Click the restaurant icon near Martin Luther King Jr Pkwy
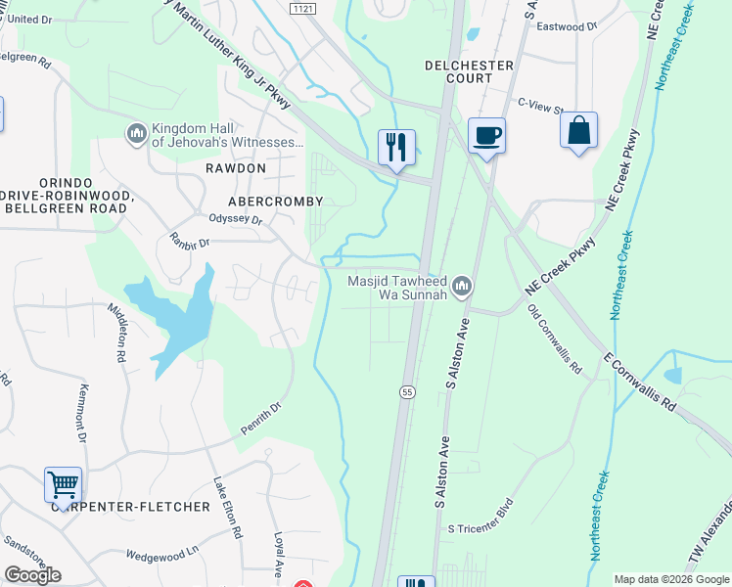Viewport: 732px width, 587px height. tap(396, 148)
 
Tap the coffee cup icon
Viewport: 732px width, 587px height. tap(486, 135)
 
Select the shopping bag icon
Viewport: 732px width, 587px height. tap(578, 130)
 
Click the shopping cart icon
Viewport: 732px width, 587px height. tap(63, 483)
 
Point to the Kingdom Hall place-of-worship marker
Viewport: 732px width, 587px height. tap(136, 132)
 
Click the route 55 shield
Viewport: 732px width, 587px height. tap(406, 391)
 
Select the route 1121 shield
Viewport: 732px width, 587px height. tap(303, 8)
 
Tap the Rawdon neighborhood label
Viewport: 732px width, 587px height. tap(236, 168)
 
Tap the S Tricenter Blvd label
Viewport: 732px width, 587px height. tap(480, 528)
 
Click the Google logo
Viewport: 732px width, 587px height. tap(32, 574)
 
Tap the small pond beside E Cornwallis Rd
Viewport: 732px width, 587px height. tap(673, 375)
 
